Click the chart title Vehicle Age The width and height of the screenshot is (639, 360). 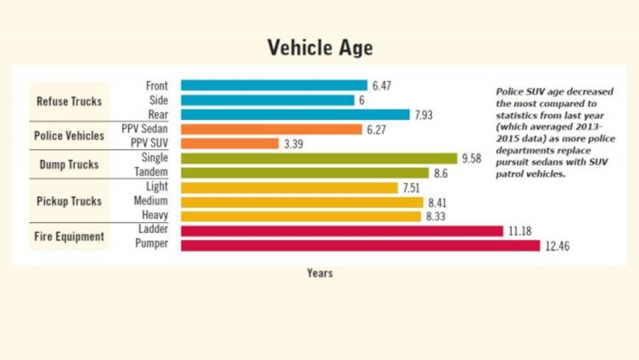pos(319,48)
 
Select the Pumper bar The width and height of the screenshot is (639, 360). pos(360,245)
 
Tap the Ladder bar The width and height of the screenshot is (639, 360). pos(342,231)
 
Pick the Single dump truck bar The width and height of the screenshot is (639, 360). pos(319,158)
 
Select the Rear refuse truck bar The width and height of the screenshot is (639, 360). pos(295,115)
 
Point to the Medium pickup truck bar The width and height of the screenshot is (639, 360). pos(302,202)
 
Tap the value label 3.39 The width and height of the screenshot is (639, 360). pos(295,143)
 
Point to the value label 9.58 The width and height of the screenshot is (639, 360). pos(471,158)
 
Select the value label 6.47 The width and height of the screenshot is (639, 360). pos(381,85)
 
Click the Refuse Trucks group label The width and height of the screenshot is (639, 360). pos(69,101)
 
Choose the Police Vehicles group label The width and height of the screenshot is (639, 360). pos(69,136)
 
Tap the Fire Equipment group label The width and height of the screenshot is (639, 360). pos(69,237)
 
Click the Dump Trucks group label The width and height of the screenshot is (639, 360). pos(69,164)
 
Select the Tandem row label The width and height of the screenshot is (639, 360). pos(151,172)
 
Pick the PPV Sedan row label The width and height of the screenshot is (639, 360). pos(144,129)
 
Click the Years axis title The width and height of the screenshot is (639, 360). pos(319,273)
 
